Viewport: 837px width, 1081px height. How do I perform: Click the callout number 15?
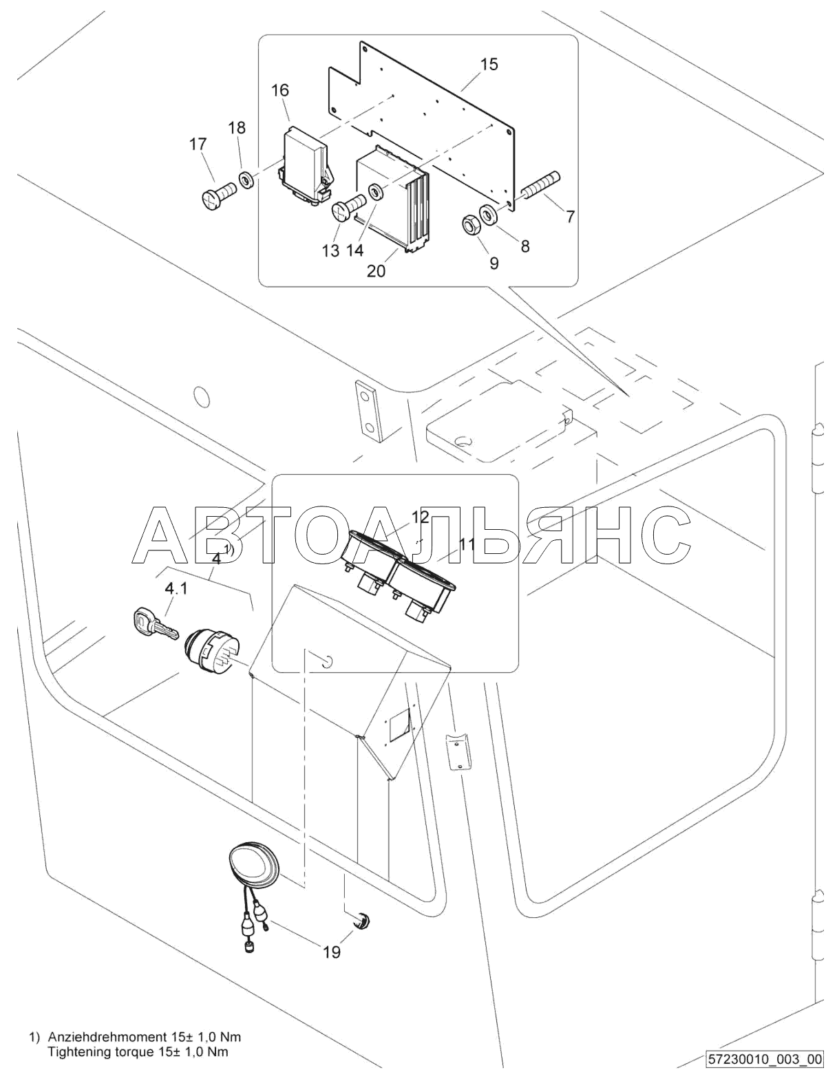(489, 65)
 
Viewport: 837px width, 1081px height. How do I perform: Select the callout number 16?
(280, 91)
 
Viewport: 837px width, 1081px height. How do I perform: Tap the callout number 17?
(198, 145)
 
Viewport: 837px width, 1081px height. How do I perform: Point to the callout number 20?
(377, 271)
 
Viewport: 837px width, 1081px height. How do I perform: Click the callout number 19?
(332, 952)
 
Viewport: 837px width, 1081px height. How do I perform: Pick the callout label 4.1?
(176, 588)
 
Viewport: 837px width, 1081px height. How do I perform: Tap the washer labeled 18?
(246, 179)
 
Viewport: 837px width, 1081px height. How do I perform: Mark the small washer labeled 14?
(375, 191)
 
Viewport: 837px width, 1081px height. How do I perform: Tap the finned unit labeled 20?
(393, 198)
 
